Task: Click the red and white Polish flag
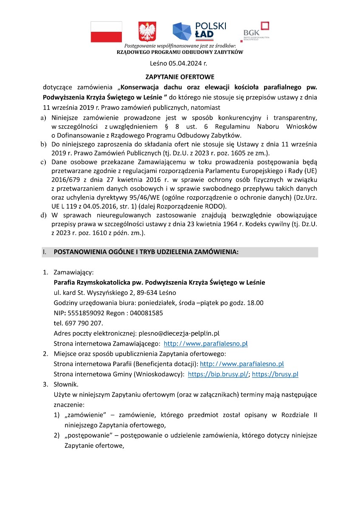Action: (x=106, y=32)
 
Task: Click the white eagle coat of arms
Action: (x=147, y=32)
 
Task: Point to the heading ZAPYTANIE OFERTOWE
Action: (x=180, y=77)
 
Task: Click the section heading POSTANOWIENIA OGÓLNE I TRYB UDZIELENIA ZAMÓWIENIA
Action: (x=146, y=252)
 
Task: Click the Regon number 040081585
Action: (x=143, y=313)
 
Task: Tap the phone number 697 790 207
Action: (x=83, y=323)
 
